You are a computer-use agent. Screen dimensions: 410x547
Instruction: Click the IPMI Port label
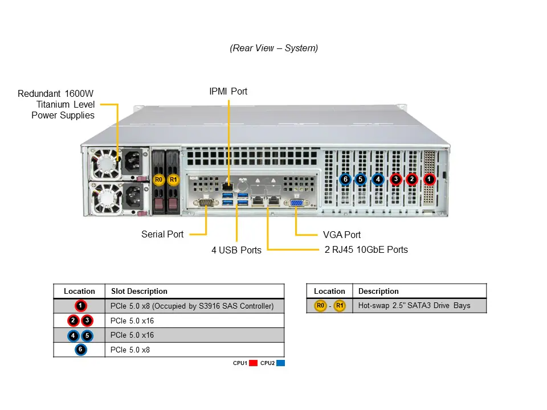pyautogui.click(x=228, y=91)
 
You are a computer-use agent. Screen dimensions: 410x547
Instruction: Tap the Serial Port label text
pyautogui.click(x=162, y=234)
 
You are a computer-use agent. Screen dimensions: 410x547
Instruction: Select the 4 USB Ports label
pyautogui.click(x=236, y=250)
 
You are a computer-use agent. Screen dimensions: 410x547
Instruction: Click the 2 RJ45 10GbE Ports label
pyautogui.click(x=366, y=249)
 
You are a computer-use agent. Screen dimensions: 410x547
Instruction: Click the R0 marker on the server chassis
pyautogui.click(x=159, y=180)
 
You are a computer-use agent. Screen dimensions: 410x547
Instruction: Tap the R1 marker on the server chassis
pyautogui.click(x=174, y=180)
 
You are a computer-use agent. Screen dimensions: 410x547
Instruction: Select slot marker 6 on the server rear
pyautogui.click(x=345, y=179)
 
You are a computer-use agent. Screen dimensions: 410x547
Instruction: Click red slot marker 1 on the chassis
pyautogui.click(x=430, y=179)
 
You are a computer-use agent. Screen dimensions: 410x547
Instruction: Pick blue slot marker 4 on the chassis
pyautogui.click(x=377, y=179)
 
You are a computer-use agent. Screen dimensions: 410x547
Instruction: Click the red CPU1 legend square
pyautogui.click(x=254, y=363)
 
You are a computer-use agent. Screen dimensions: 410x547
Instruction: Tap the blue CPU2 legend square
pyautogui.click(x=280, y=363)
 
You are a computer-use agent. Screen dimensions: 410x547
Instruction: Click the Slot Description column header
pyautogui.click(x=139, y=291)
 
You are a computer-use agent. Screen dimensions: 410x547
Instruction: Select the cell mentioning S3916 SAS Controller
pyautogui.click(x=192, y=306)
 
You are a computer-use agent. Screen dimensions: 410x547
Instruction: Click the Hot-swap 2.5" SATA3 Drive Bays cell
pyautogui.click(x=414, y=306)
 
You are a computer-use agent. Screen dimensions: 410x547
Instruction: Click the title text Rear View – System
pyautogui.click(x=274, y=48)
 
